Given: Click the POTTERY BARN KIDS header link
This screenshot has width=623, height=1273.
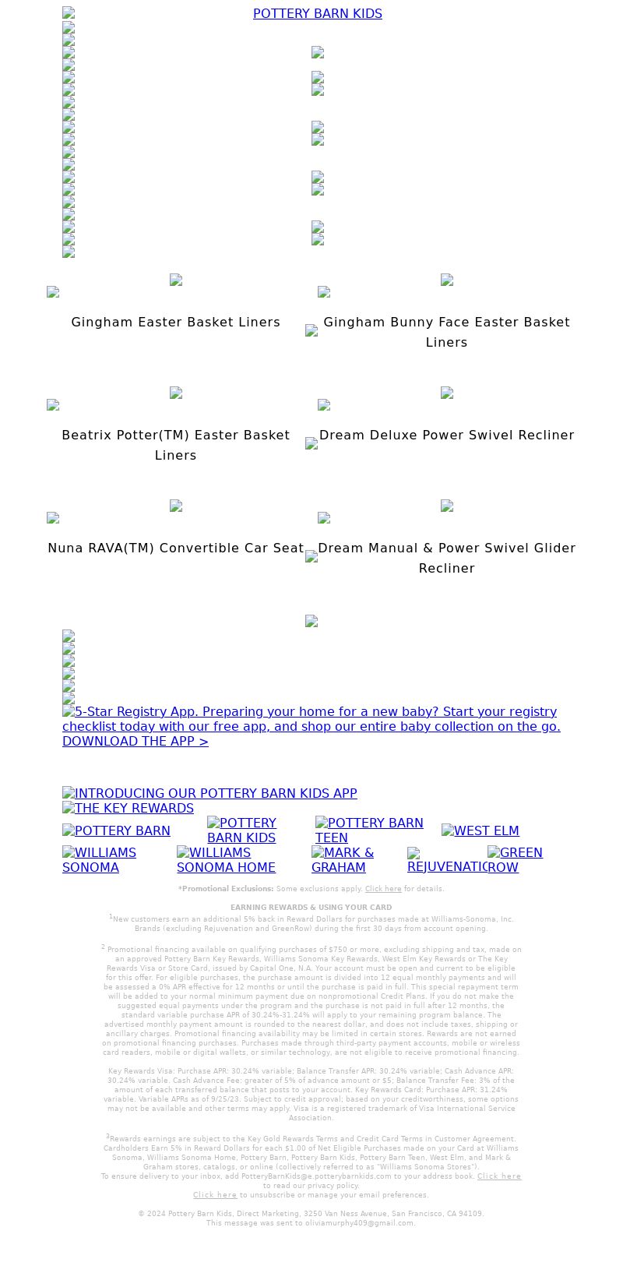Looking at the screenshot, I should pyautogui.click(x=317, y=13).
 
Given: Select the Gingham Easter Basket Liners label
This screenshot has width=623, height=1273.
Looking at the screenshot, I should pyautogui.click(x=175, y=322).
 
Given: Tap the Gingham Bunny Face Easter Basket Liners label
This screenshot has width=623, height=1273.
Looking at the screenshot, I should pyautogui.click(x=446, y=332).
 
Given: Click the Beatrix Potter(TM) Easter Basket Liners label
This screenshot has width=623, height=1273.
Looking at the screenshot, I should pyautogui.click(x=175, y=445).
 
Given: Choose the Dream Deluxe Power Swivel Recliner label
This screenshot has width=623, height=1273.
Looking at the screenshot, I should pyautogui.click(x=446, y=435).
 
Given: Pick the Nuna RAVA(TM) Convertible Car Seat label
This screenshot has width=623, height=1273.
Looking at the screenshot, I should pyautogui.click(x=175, y=548).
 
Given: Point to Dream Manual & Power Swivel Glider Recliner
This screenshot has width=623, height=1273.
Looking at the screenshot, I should pyautogui.click(x=446, y=558).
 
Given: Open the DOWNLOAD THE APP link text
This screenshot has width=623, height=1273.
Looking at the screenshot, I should pyautogui.click(x=136, y=741).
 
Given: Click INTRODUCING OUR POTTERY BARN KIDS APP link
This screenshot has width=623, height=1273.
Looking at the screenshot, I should pyautogui.click(x=209, y=793).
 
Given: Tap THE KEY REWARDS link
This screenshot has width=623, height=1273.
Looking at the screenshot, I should pyautogui.click(x=128, y=808).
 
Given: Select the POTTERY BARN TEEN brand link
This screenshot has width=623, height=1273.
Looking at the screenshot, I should pyautogui.click(x=369, y=830).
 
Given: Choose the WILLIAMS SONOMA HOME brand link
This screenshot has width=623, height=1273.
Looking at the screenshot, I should pyautogui.click(x=226, y=859).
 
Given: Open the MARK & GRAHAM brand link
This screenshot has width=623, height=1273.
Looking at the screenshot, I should pyautogui.click(x=343, y=859).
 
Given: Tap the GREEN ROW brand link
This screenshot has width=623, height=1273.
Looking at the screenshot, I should pyautogui.click(x=515, y=859).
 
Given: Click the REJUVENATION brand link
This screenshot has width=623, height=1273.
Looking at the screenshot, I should pyautogui.click(x=446, y=866).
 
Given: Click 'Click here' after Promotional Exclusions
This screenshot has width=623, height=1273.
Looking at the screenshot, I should pyautogui.click(x=383, y=888).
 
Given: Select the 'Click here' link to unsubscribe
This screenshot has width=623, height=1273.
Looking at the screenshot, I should pyautogui.click(x=215, y=1194).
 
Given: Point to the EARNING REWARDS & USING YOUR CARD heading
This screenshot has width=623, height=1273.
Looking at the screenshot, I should pyautogui.click(x=311, y=907).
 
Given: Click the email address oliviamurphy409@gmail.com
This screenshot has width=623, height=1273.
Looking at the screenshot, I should pyautogui.click(x=359, y=1222).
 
